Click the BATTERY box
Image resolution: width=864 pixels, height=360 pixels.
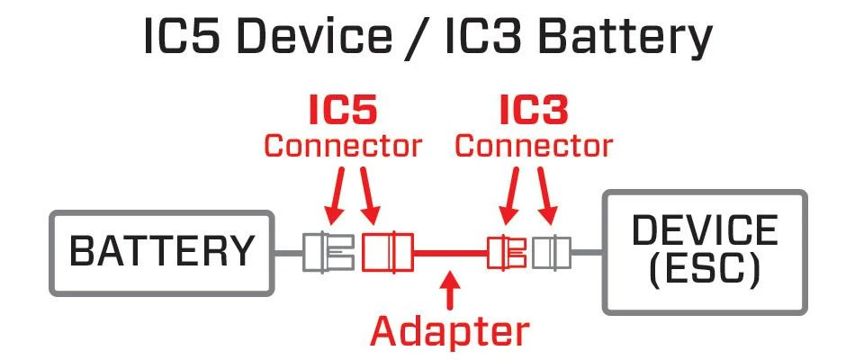click(162, 253)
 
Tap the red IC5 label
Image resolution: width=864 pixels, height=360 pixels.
click(342, 112)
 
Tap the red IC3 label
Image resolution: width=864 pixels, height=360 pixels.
click(534, 112)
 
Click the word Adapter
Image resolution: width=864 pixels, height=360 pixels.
click(450, 330)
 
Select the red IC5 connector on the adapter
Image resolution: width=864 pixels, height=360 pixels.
click(387, 252)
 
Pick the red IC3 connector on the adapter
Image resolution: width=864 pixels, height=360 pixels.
click(506, 252)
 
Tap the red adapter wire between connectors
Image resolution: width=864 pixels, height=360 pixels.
click(450, 253)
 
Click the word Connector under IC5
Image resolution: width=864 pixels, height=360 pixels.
click(342, 145)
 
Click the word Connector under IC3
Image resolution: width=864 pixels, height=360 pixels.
click(534, 145)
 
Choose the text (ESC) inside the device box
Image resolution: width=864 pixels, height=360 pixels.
click(704, 268)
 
